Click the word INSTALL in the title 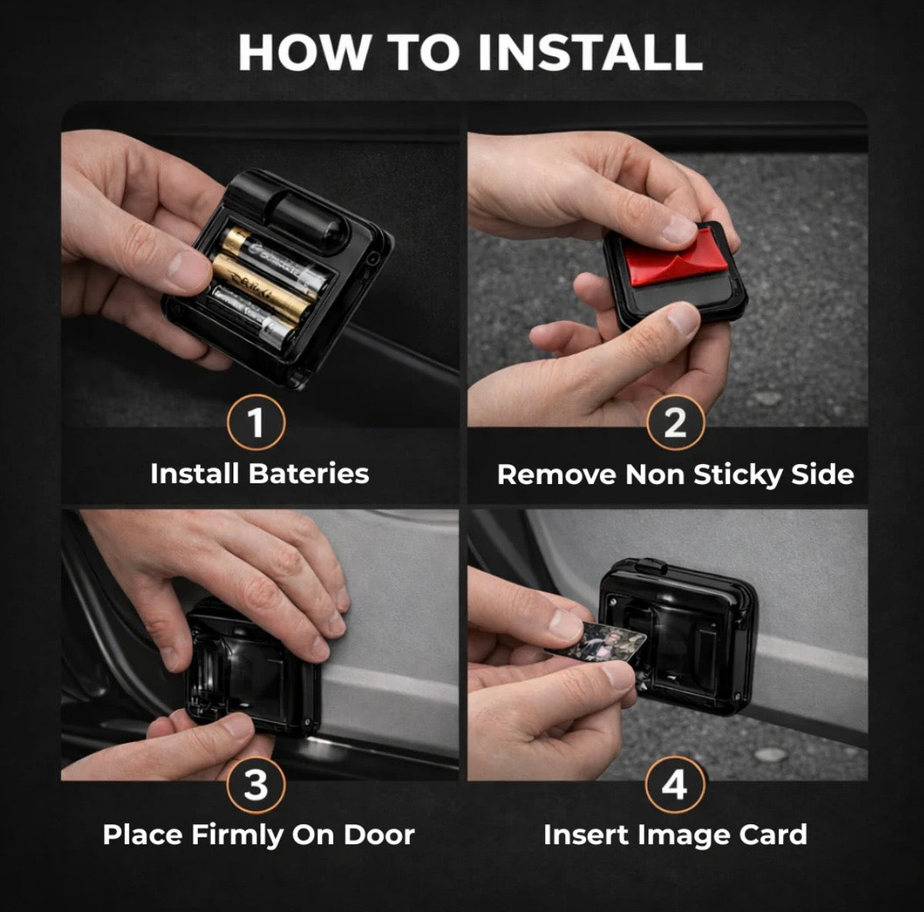pyautogui.click(x=590, y=53)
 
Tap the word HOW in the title pyautogui.click(x=304, y=53)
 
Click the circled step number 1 pyautogui.click(x=256, y=423)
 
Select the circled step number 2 pyautogui.click(x=675, y=423)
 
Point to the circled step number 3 pyautogui.click(x=256, y=783)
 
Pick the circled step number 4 pyautogui.click(x=675, y=783)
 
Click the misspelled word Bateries pyautogui.click(x=309, y=474)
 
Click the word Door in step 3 pyautogui.click(x=379, y=835)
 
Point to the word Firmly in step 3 pyautogui.click(x=237, y=836)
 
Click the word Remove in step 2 pyautogui.click(x=556, y=475)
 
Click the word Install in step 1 pyautogui.click(x=194, y=474)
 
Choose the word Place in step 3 pyautogui.click(x=143, y=835)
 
